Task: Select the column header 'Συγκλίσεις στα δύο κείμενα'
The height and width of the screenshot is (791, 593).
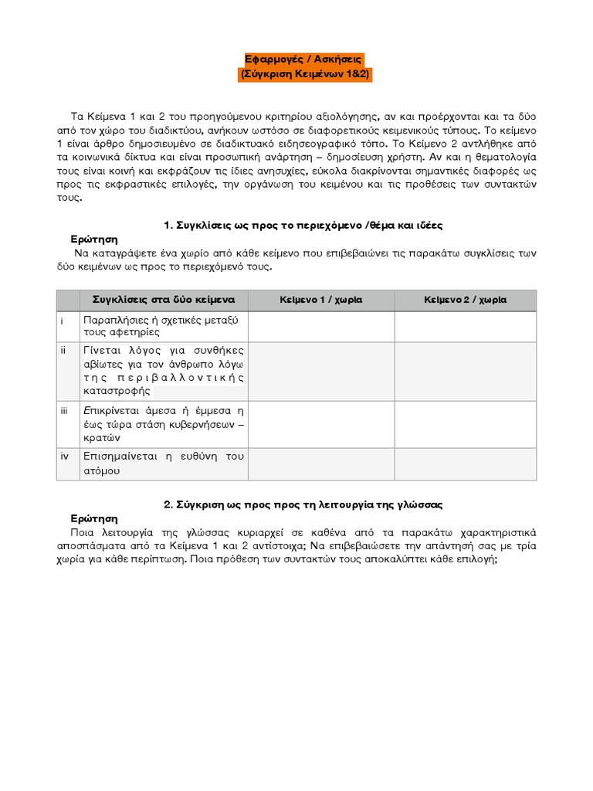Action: [x=164, y=300]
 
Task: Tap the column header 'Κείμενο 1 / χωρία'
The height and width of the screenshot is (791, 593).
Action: [x=321, y=300]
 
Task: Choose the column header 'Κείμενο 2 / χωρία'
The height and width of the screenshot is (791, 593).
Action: [x=465, y=300]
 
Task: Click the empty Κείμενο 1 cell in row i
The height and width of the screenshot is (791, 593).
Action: [x=321, y=326]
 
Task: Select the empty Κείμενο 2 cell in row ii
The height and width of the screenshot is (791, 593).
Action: [x=465, y=371]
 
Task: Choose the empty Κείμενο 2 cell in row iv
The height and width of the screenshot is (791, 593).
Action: [x=465, y=463]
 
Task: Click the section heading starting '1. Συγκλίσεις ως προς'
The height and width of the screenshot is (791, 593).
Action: [x=303, y=225]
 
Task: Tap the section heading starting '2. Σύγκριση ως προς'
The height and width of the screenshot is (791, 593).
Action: [x=303, y=504]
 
